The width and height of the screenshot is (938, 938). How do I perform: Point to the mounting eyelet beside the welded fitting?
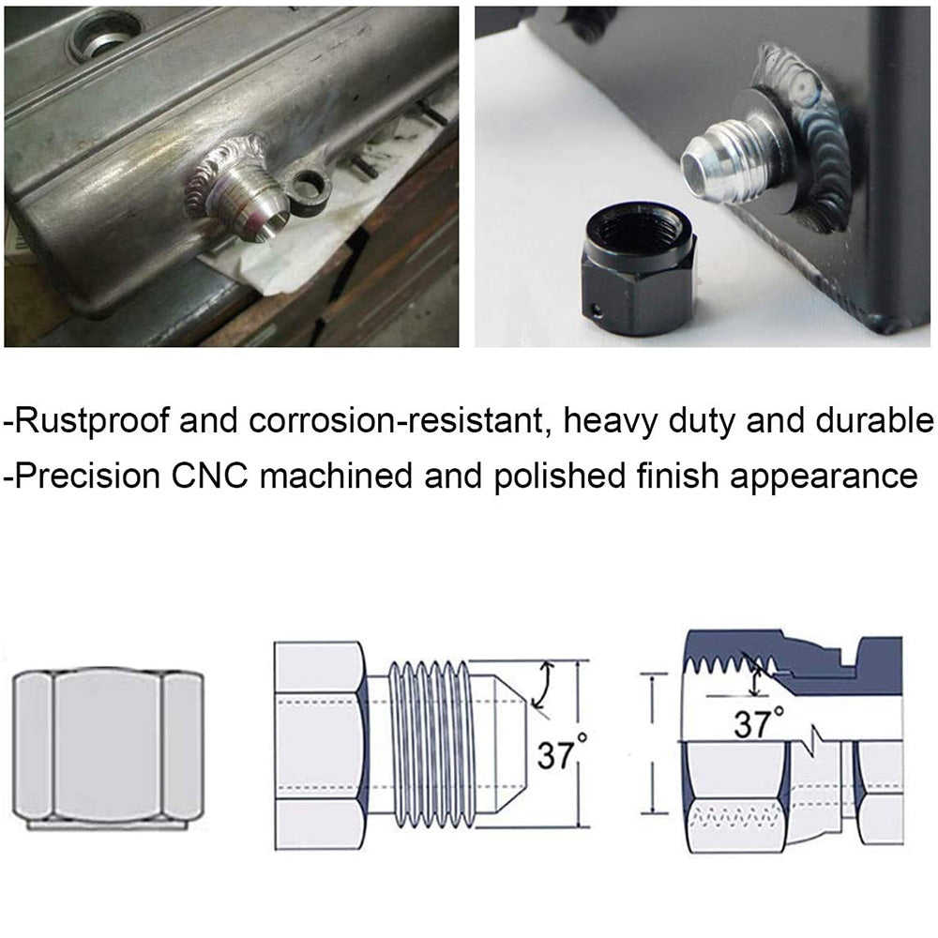(310, 187)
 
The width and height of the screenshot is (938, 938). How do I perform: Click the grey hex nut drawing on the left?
(108, 747)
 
